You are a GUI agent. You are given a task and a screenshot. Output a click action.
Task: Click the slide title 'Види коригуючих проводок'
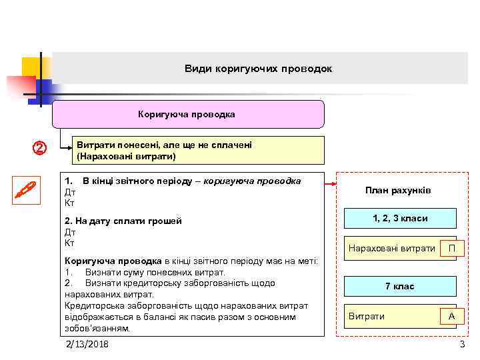258,69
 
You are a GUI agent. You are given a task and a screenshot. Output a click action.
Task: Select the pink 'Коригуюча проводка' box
188,114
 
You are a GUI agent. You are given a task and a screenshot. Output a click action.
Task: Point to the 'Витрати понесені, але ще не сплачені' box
198,151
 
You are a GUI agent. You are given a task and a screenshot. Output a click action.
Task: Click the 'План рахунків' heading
398,191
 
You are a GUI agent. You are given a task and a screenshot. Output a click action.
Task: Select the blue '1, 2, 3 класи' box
399,219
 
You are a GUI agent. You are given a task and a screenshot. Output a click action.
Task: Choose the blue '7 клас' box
399,286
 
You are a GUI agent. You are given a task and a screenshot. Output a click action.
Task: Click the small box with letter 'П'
451,249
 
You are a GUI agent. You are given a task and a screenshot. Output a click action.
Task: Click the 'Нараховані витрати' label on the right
391,249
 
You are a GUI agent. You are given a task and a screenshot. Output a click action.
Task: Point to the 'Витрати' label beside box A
367,316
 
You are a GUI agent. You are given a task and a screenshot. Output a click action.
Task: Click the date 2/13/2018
87,344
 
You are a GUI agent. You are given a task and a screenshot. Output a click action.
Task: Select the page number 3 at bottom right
462,344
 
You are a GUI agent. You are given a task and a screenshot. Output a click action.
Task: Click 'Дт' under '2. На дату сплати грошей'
69,232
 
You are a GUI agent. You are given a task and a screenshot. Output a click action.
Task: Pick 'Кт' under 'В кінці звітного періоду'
69,202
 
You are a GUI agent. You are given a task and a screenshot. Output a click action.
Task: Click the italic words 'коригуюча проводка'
252,181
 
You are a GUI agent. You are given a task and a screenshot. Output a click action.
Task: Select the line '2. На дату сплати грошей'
123,221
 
